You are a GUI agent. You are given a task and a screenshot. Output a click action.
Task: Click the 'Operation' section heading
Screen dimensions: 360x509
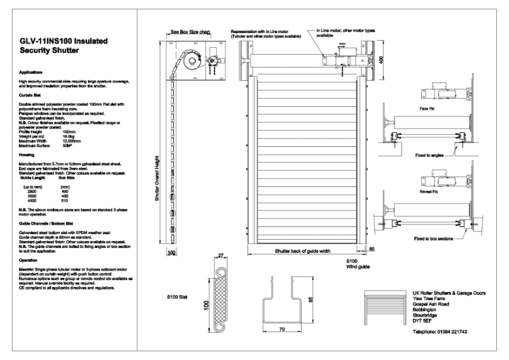tap(29, 260)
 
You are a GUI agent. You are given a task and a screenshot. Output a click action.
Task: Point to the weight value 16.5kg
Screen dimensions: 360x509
tap(68, 135)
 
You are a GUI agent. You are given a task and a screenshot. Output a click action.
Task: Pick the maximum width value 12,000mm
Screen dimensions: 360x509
tap(71, 141)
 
